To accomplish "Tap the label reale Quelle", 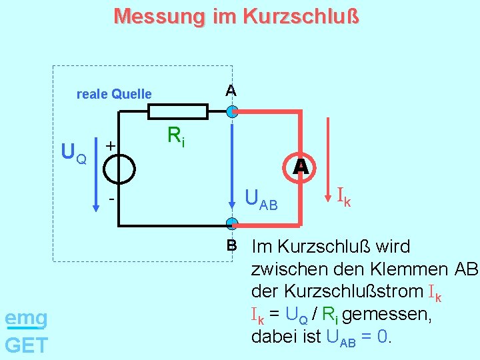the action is point(114,94).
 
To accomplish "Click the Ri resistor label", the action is point(176,137).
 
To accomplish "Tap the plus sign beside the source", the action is point(111,145).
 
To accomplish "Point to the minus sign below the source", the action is point(111,199).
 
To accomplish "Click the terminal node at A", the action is point(231,111).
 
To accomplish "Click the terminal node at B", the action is point(231,223).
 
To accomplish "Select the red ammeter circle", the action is point(301,167).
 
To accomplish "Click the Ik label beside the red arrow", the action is point(343,197).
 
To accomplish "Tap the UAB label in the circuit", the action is point(261,199).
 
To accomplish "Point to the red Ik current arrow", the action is point(328,160).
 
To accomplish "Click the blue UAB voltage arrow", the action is point(232,167).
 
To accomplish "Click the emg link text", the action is point(26,319).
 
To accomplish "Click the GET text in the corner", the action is point(26,345).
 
